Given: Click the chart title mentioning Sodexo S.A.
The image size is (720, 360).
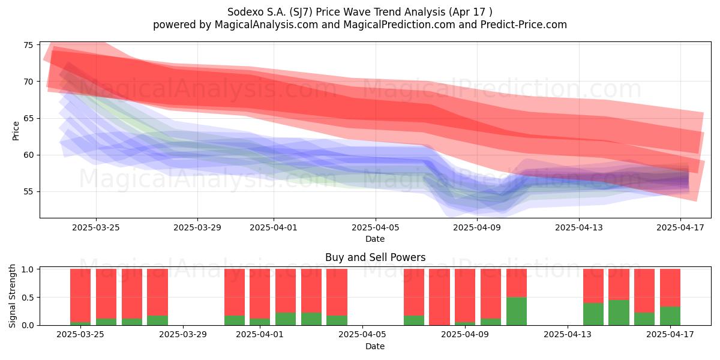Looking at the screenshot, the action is [x=359, y=12].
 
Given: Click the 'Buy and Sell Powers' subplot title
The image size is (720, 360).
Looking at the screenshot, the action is [x=375, y=257].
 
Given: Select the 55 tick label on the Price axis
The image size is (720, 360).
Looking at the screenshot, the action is [x=28, y=192].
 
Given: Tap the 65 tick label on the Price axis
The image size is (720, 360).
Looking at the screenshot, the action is [x=28, y=118].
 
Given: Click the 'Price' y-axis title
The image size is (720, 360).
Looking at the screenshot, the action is [x=16, y=131].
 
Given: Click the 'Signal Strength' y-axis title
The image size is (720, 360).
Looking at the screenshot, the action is [x=12, y=296].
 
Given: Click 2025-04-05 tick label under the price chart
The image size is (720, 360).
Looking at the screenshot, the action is [x=375, y=227].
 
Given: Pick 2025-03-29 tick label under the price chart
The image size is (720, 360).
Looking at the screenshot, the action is [x=197, y=227].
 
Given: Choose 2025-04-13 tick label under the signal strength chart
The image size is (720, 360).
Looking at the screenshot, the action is [x=568, y=334].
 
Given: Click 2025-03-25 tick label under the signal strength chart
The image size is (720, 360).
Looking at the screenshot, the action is [x=80, y=334].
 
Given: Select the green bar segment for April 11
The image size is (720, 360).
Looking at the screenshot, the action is [x=517, y=311].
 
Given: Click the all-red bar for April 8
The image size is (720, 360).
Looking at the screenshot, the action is [x=439, y=297].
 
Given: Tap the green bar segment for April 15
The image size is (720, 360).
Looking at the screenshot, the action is [x=619, y=313].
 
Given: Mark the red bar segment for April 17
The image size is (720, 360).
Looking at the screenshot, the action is [x=670, y=287].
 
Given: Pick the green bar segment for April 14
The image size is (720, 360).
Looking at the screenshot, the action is [x=593, y=314].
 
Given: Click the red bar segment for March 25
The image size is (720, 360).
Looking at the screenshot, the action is [x=80, y=295].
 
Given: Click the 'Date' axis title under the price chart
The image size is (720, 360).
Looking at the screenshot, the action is [x=375, y=239].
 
